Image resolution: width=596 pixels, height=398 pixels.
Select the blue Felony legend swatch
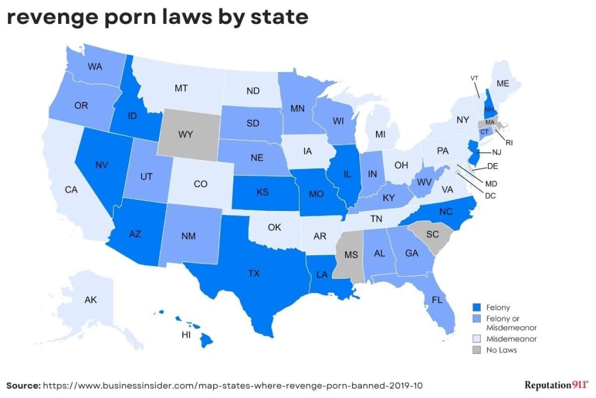[x=476, y=307]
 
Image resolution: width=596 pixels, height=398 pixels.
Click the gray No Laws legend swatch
[x=476, y=350]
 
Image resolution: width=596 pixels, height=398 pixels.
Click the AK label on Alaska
[x=91, y=300]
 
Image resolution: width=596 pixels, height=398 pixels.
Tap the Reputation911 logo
[x=556, y=385]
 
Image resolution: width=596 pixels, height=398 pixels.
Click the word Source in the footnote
[x=23, y=385]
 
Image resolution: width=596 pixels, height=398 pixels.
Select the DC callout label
[x=490, y=195]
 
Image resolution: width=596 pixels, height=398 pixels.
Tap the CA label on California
[x=71, y=189]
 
